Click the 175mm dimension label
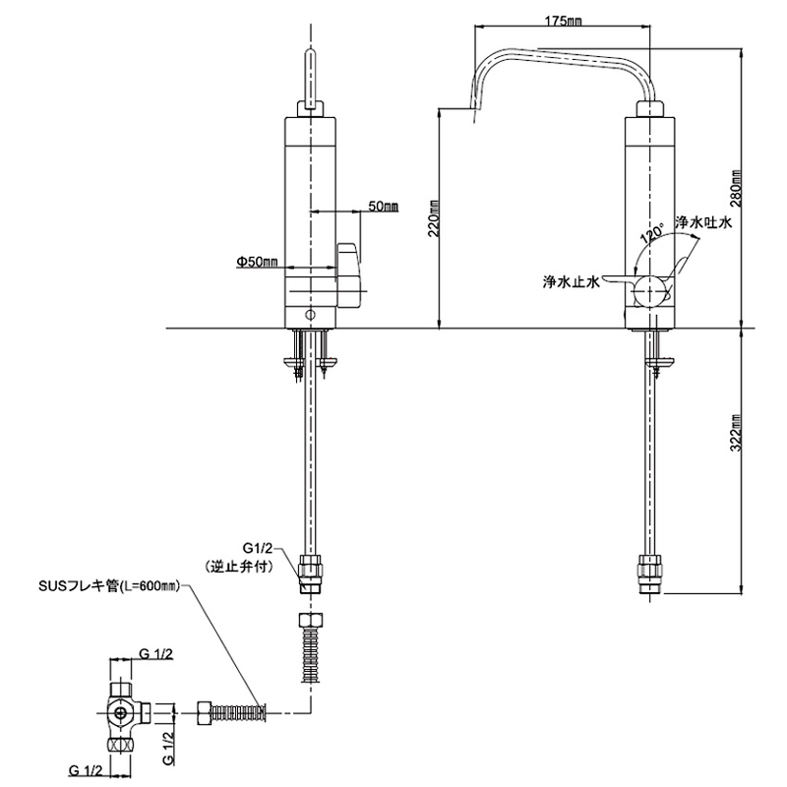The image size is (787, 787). tap(563, 21)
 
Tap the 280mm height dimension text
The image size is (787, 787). tap(736, 189)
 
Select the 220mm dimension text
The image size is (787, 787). tap(434, 218)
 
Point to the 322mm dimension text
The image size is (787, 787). tap(736, 433)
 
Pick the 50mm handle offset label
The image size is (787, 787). tap(384, 206)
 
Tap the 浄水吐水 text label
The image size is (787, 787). tap(703, 222)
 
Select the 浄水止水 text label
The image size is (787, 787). tap(572, 282)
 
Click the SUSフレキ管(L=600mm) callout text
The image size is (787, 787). tap(109, 585)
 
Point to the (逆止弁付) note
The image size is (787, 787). tap(239, 567)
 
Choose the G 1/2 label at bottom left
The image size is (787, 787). tap(86, 770)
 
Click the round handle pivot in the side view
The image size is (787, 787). tap(651, 292)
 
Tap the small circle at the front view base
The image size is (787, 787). tap(311, 315)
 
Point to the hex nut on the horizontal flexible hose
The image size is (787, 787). tap(205, 712)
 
